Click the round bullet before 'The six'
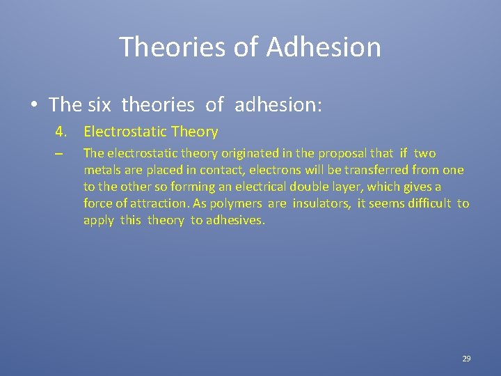[34, 106]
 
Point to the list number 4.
[61, 132]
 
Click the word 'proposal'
[341, 153]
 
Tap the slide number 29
[466, 359]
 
